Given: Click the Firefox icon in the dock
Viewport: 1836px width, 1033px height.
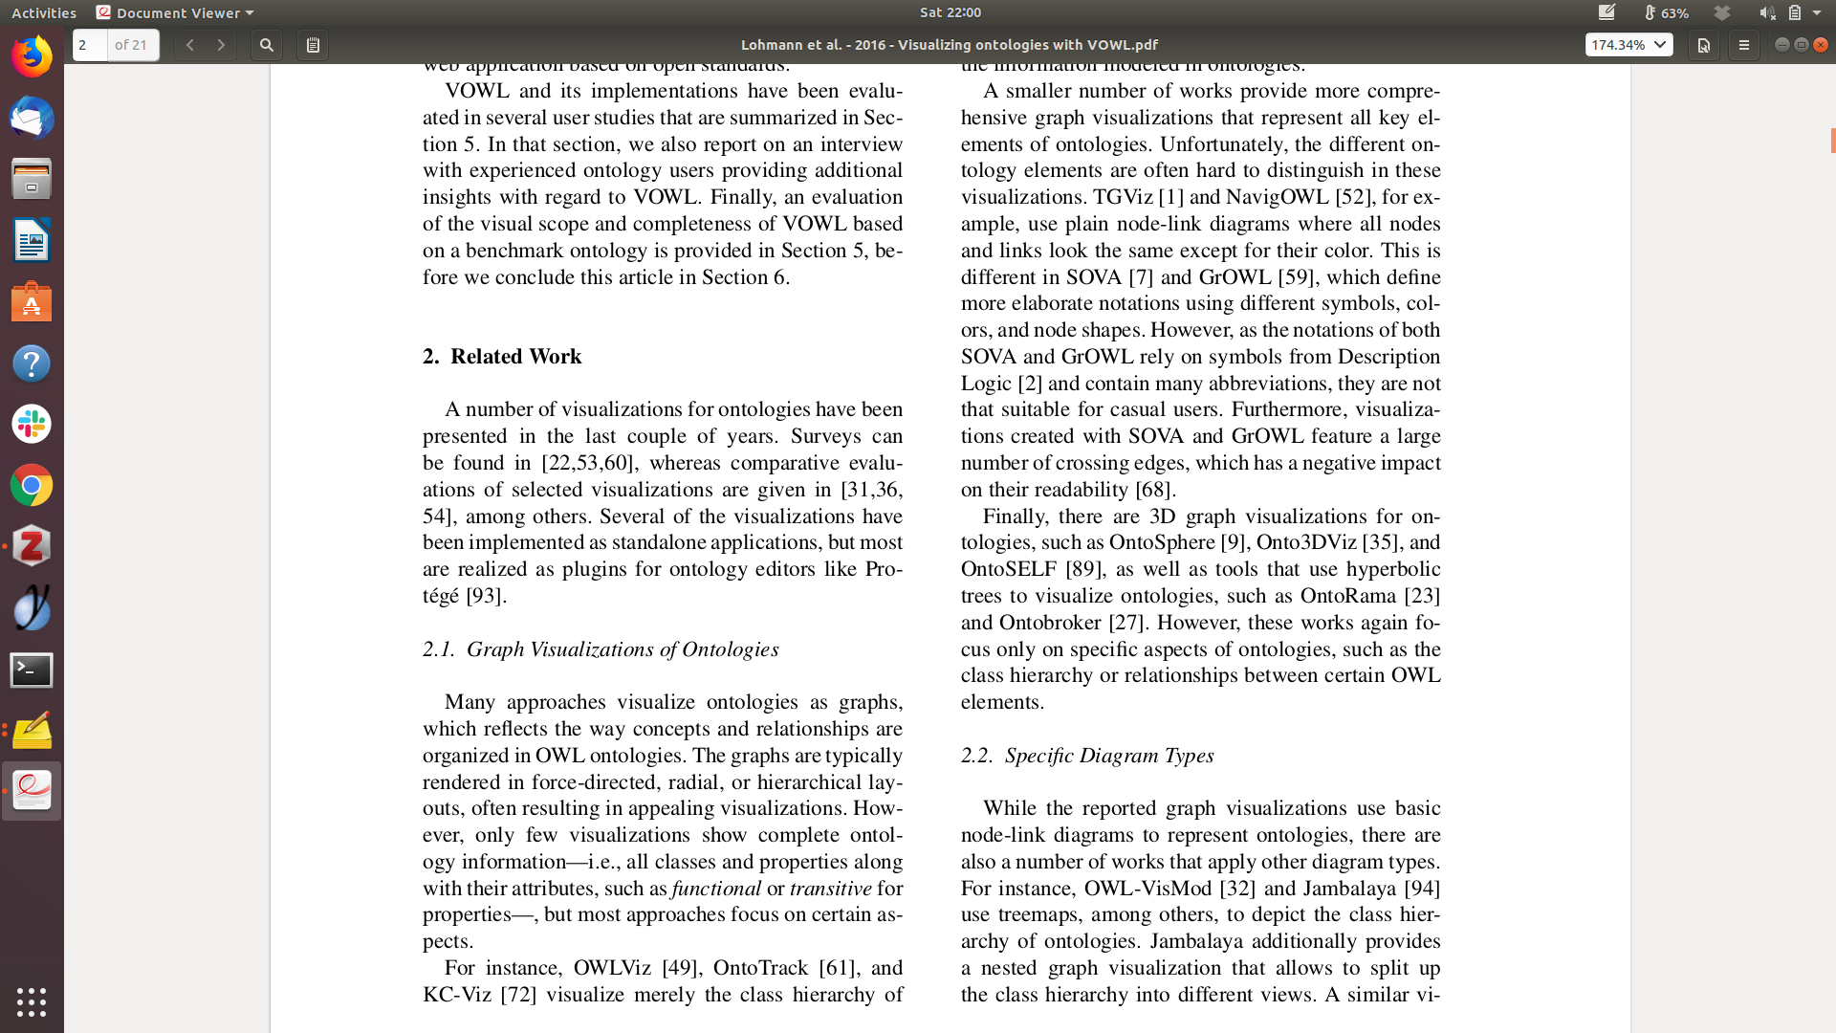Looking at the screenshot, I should tap(32, 57).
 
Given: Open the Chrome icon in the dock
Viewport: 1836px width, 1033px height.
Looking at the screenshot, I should tap(32, 486).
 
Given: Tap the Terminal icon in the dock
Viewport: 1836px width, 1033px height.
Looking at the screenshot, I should tap(32, 670).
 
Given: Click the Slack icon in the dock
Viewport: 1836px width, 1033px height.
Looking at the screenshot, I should tap(32, 424).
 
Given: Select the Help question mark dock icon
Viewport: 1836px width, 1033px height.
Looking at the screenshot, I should tap(32, 363).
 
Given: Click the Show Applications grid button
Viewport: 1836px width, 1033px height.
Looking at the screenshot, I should tap(32, 1001).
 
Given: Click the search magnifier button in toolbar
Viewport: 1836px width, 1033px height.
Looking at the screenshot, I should tap(267, 45).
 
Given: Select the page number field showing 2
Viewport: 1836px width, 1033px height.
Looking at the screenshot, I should tap(90, 45).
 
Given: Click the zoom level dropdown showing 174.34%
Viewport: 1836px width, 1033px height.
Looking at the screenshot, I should tap(1628, 45).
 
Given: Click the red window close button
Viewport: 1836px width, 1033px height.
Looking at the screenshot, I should tap(1821, 45).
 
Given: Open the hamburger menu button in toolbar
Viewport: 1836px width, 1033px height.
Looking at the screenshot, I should tap(1744, 45).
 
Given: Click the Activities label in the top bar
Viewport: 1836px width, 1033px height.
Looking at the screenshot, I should tap(44, 12).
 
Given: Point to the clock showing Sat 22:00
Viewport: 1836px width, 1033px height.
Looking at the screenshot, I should tap(951, 12).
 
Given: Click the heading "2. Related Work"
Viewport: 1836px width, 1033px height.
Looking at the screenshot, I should tap(502, 357).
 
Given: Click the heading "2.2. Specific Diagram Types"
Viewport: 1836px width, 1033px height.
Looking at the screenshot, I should tap(1087, 756).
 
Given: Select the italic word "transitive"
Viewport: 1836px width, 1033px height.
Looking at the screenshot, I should tap(830, 889).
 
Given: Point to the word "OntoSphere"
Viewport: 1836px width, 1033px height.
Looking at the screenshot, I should tap(1162, 542).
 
